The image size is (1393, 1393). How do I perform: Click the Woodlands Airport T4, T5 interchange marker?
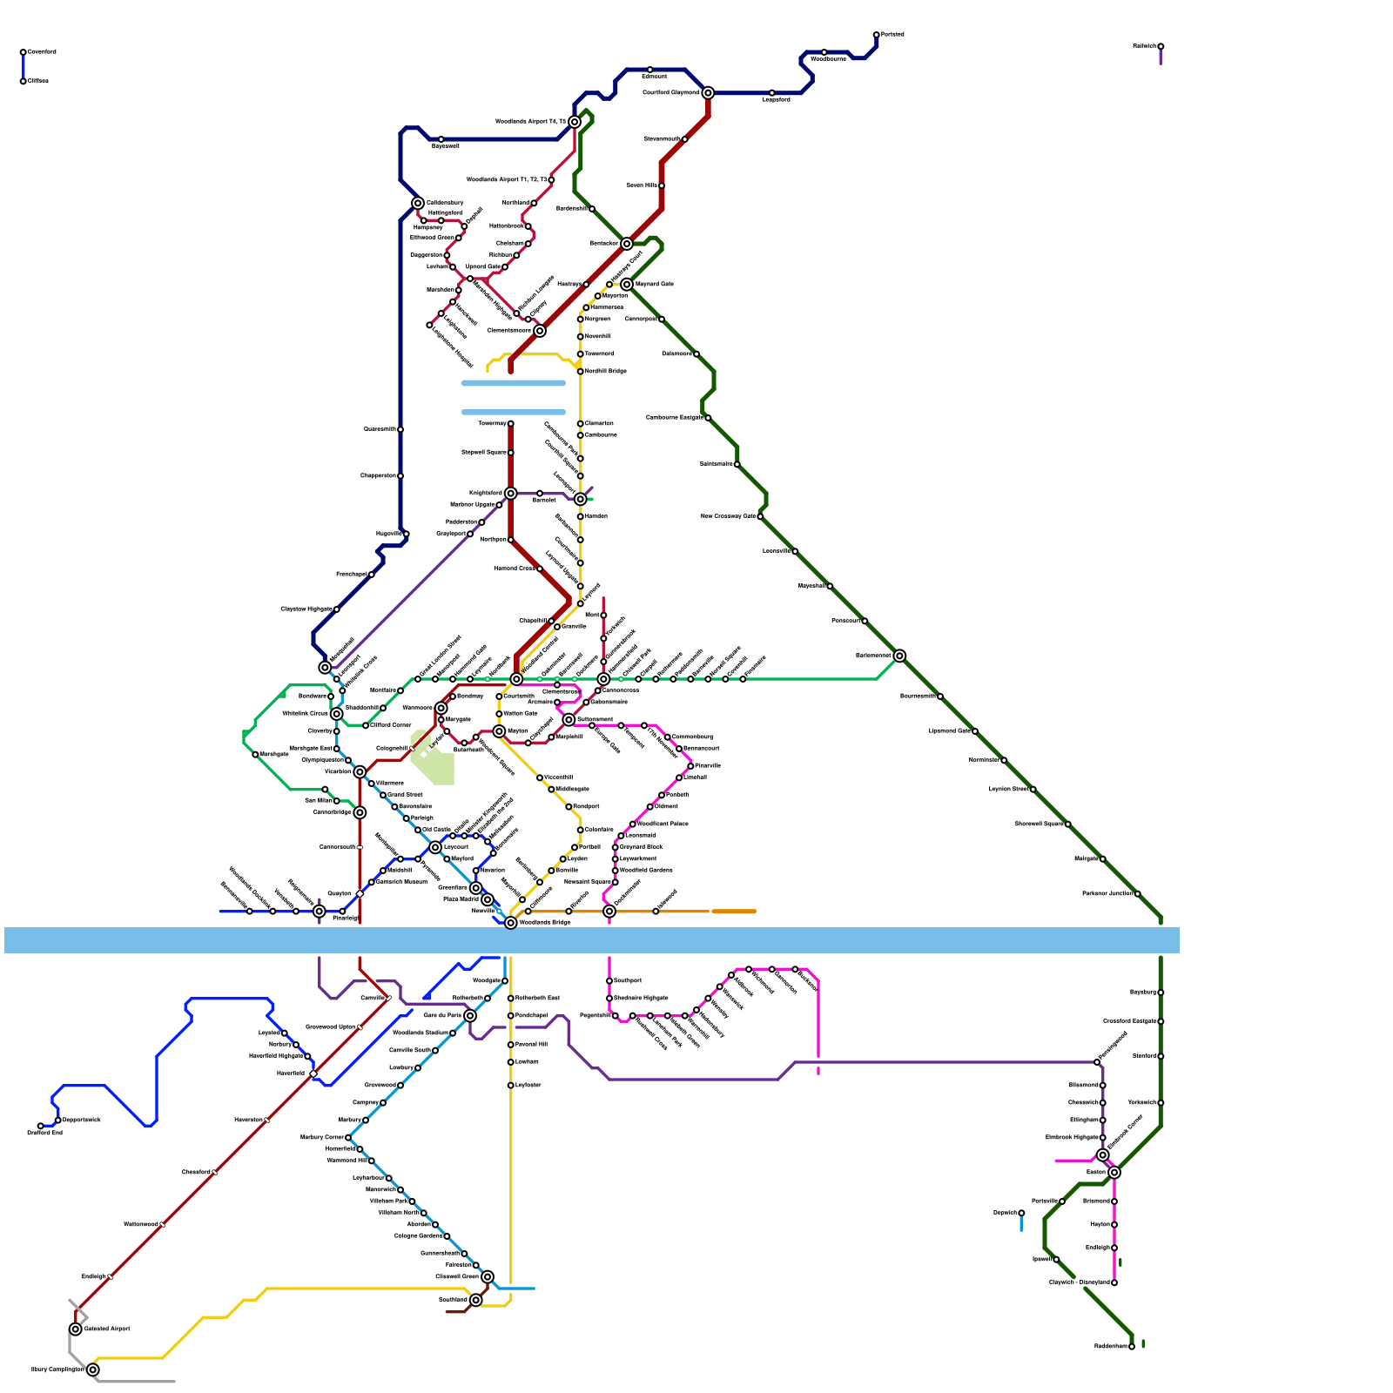pyautogui.click(x=575, y=122)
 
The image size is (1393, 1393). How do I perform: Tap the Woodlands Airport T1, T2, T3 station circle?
pyautogui.click(x=551, y=180)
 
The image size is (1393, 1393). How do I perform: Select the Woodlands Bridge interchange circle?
pyautogui.click(x=511, y=923)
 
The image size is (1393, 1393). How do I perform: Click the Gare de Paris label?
pyautogui.click(x=442, y=1015)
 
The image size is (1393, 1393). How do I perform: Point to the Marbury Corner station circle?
pyautogui.click(x=348, y=1138)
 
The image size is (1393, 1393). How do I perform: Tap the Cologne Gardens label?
pyautogui.click(x=418, y=1235)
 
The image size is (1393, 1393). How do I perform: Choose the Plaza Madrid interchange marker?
pyautogui.click(x=488, y=899)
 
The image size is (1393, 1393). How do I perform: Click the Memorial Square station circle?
pyautogui.click(x=616, y=882)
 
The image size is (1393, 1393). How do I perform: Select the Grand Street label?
pyautogui.click(x=404, y=794)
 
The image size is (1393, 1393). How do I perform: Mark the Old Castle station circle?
pyautogui.click(x=418, y=830)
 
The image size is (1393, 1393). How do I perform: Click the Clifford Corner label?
pyautogui.click(x=391, y=724)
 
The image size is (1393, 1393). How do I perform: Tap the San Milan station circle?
pyautogui.click(x=337, y=801)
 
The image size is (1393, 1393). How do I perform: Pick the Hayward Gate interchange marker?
pyautogui.click(x=627, y=285)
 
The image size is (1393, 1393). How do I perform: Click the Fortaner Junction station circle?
pyautogui.click(x=1137, y=894)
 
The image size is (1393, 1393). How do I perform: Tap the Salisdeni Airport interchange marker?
pyautogui.click(x=76, y=1329)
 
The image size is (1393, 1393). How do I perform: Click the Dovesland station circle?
pyautogui.click(x=24, y=52)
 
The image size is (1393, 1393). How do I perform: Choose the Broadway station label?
pyautogui.click(x=471, y=696)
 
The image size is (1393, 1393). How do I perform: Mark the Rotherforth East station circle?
pyautogui.click(x=511, y=999)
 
